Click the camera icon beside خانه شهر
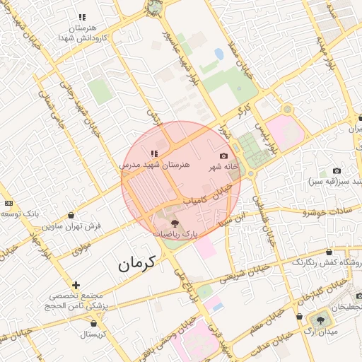[224, 156]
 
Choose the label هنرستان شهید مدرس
[155, 164]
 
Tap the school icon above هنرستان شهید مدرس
[154, 153]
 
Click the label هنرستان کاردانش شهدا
[83, 31]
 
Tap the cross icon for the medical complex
[76, 285]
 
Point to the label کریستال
[93, 333]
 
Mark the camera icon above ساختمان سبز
[337, 170]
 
